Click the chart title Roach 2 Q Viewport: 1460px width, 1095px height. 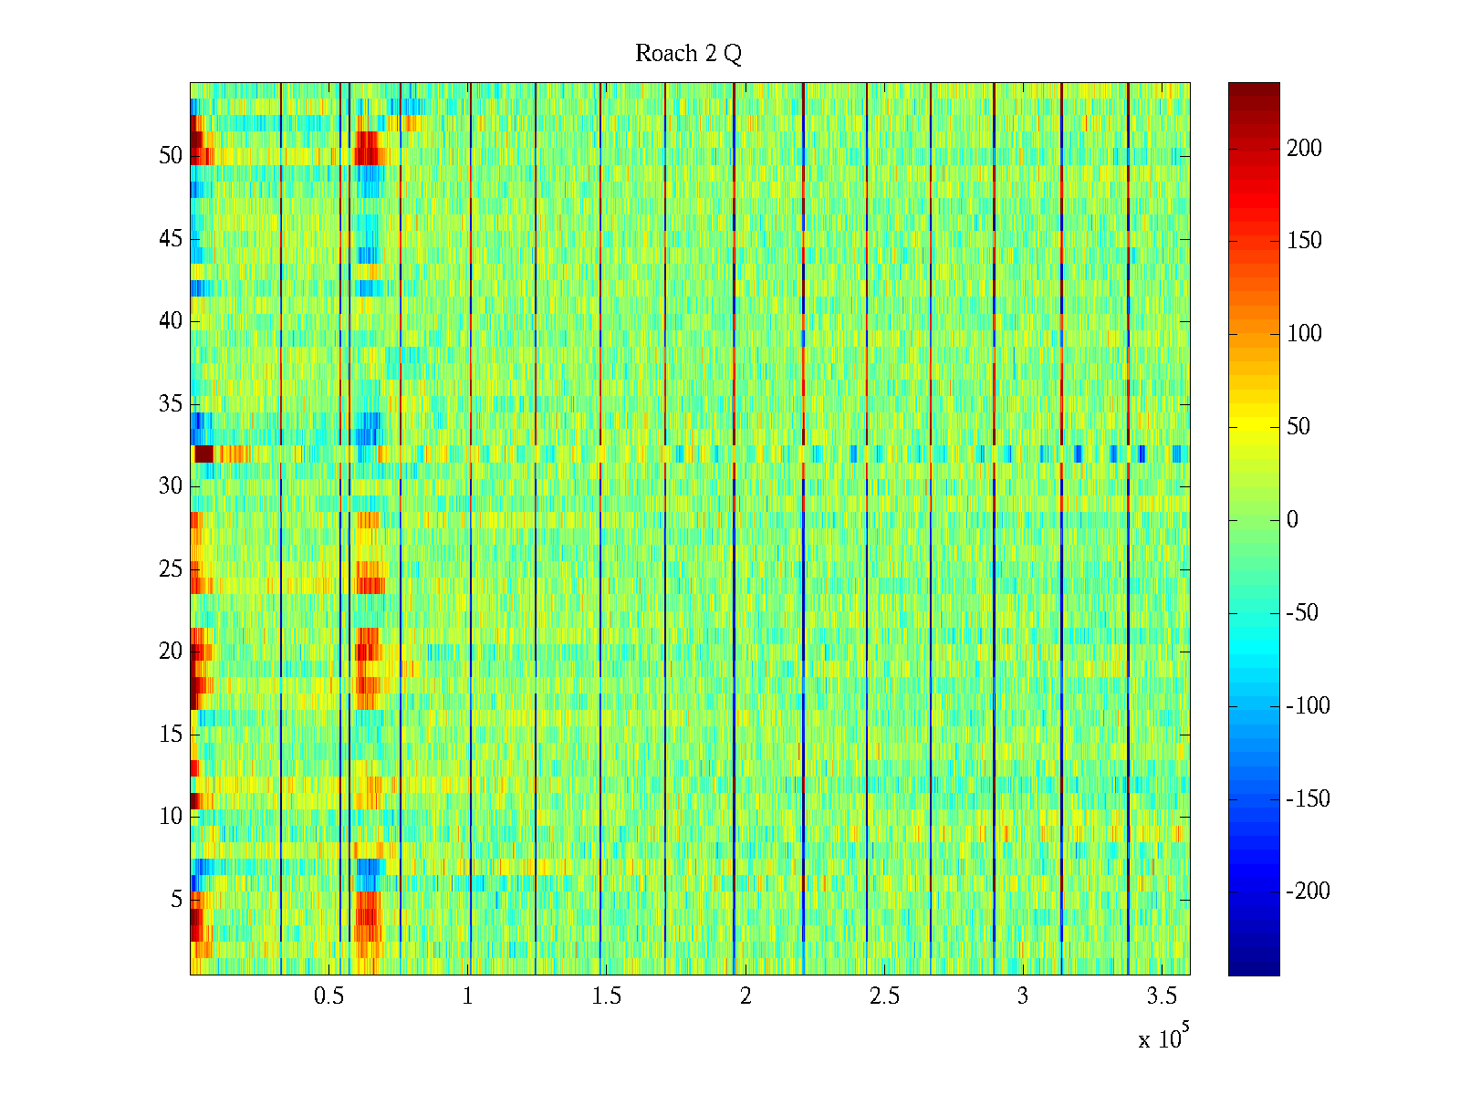point(688,54)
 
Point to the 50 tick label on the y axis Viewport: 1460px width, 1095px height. point(171,156)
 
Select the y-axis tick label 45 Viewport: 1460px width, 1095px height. point(171,239)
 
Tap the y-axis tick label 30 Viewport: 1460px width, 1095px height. point(171,486)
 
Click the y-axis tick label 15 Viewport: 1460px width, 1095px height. point(171,735)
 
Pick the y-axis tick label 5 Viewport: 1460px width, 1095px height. point(176,900)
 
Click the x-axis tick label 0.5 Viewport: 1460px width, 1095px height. point(328,996)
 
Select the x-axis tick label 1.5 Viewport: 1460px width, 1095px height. point(606,996)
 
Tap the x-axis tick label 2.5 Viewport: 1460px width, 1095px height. point(884,996)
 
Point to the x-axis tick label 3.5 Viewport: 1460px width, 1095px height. point(1162,996)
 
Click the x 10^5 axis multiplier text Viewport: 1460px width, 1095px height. point(1161,1038)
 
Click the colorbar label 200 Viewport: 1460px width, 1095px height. point(1304,149)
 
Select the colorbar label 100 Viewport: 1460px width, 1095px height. point(1304,334)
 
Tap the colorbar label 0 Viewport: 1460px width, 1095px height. point(1292,520)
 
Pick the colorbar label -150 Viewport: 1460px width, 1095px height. point(1308,799)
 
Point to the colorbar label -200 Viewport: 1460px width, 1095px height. point(1308,892)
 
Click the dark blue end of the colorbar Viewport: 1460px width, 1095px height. point(1254,967)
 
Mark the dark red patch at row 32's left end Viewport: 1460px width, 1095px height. point(203,454)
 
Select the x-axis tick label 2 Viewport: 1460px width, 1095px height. point(746,996)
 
